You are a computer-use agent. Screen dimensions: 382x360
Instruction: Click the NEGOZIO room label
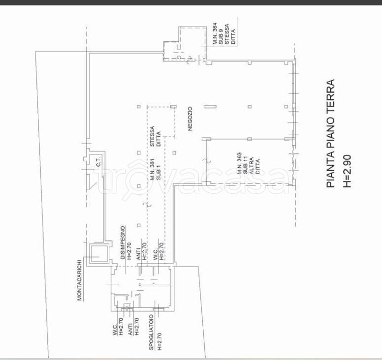191,119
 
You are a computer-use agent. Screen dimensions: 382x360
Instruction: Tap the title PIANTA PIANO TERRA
331,133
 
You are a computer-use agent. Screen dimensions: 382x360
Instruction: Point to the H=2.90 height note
347,171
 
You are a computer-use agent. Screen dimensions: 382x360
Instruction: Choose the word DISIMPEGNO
123,242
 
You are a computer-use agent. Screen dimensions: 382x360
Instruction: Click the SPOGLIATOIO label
151,332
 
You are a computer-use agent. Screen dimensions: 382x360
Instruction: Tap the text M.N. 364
215,33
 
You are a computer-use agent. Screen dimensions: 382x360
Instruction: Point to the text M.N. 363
239,163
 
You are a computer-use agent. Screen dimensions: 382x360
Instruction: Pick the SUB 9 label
221,36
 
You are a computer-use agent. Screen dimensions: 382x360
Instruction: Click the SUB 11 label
245,165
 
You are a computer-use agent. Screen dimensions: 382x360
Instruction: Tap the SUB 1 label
159,173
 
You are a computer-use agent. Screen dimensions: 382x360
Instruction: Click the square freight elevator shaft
99,254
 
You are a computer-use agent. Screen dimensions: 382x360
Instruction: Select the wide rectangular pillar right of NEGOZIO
210,106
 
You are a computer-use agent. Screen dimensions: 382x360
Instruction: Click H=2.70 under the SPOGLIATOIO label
159,341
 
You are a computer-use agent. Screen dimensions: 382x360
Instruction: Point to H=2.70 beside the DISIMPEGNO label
129,251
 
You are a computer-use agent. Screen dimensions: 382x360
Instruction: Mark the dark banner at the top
191,2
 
